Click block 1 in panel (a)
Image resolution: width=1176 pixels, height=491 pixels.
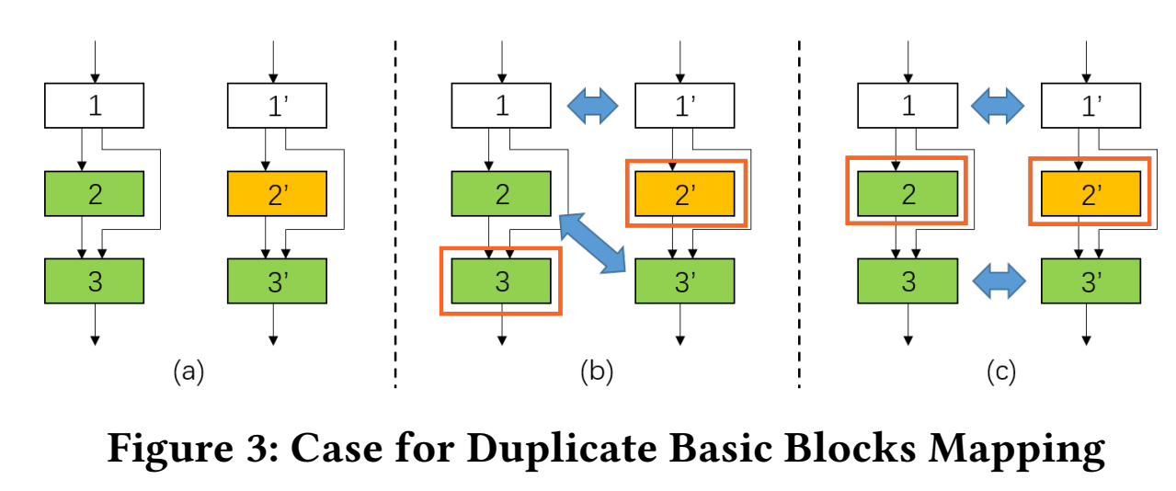[x=95, y=105]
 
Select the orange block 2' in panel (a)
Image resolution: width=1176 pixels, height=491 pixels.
[x=277, y=193]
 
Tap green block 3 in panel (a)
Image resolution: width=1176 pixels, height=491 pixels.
[x=95, y=280]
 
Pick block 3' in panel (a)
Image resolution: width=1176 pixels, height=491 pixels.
[x=277, y=280]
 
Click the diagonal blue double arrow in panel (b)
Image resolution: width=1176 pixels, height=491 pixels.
[x=592, y=241]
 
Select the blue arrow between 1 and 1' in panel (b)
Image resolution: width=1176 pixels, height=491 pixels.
[x=592, y=106]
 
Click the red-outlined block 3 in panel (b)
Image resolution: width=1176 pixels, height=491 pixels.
[x=501, y=280]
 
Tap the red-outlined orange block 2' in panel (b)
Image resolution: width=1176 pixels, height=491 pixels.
[x=683, y=193]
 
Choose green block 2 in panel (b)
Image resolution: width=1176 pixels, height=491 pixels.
[x=501, y=193]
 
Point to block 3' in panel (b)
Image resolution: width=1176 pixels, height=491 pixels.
[x=684, y=280]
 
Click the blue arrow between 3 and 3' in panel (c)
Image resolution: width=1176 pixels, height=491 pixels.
[x=999, y=281]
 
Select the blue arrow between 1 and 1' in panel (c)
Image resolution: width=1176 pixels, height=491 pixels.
[x=999, y=106]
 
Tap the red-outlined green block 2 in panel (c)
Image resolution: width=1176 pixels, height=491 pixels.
[x=908, y=193]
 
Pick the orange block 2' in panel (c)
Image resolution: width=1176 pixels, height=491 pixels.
[x=1090, y=193]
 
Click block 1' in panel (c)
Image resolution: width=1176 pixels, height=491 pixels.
[x=1090, y=105]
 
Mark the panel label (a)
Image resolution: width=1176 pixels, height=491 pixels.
[x=188, y=371]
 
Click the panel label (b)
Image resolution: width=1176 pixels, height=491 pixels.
[x=596, y=371]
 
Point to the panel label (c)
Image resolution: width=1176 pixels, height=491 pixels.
[x=1000, y=371]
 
